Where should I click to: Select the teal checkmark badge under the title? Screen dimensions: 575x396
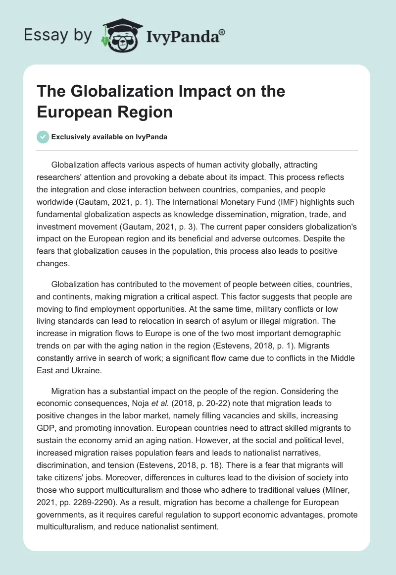click(43, 137)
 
